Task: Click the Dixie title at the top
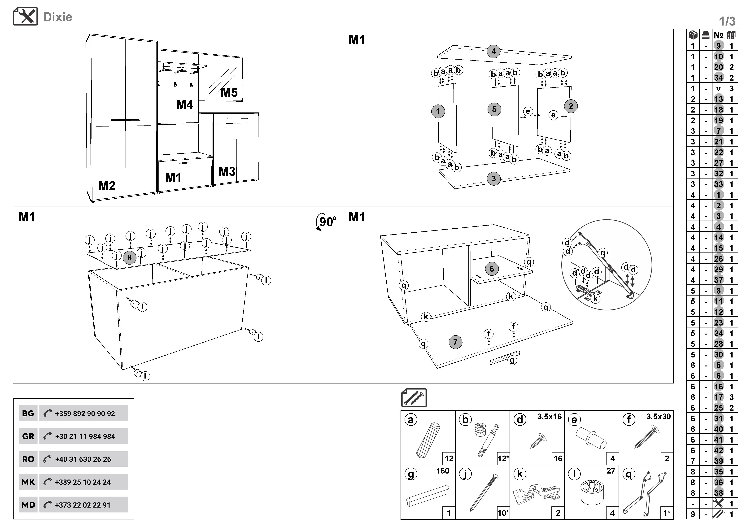pos(58,17)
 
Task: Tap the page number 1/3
pos(727,22)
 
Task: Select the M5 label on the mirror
pos(229,92)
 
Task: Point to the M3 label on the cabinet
pos(227,171)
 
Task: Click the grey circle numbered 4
pos(493,51)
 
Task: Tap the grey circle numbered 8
pos(130,258)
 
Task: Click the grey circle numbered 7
pos(455,342)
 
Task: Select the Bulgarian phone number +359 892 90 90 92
pos(85,414)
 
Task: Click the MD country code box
pos(28,505)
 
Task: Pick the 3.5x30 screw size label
pos(658,417)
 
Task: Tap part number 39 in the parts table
pos(718,461)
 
